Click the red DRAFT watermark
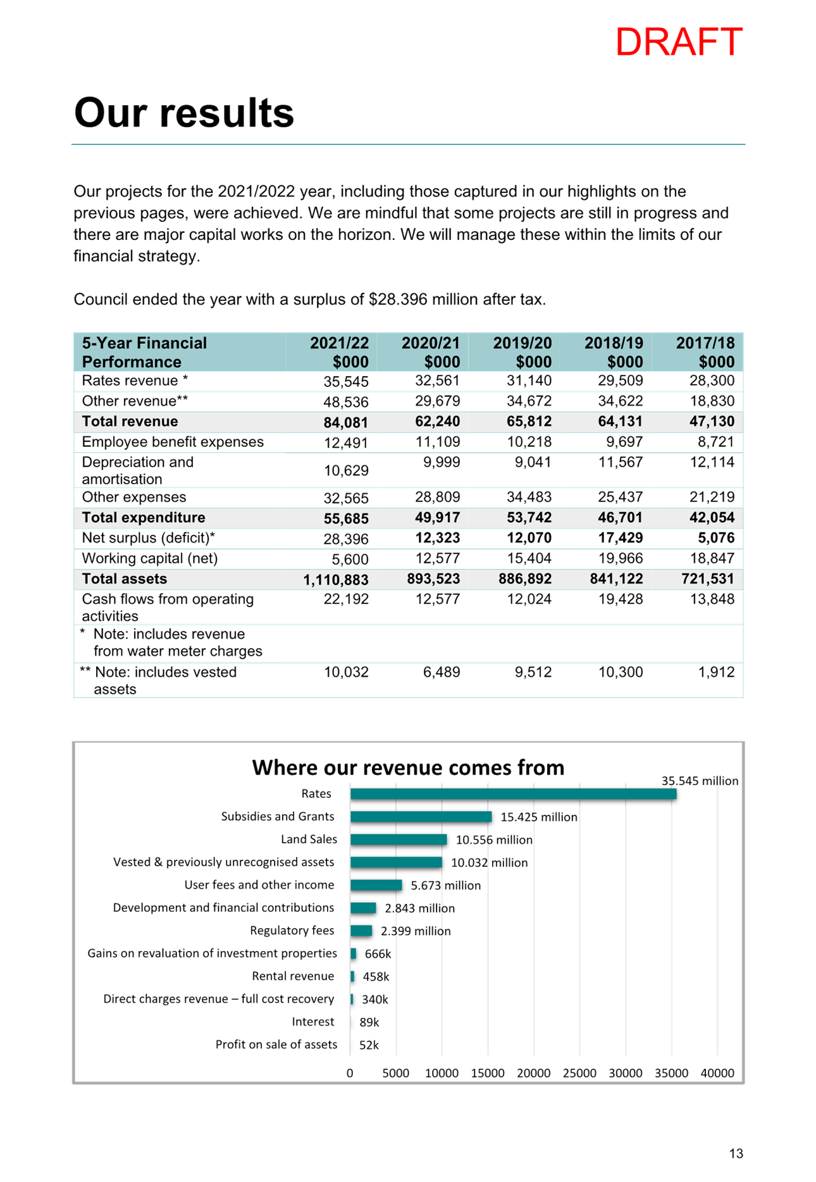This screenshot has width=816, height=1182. click(679, 42)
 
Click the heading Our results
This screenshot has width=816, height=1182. click(184, 113)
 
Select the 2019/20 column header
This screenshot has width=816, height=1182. click(522, 352)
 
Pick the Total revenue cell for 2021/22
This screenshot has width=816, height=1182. click(346, 422)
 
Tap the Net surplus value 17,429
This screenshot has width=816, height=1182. click(620, 538)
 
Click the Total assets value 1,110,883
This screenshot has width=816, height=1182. click(336, 580)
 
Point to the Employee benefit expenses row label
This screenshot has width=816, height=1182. click(173, 442)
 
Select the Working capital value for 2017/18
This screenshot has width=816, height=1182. click(712, 558)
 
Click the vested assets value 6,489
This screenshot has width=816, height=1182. click(442, 672)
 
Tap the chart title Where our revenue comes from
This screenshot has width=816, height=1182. click(408, 767)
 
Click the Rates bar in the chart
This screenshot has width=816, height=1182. click(513, 794)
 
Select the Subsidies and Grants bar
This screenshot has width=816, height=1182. click(421, 817)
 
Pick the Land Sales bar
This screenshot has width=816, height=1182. click(399, 839)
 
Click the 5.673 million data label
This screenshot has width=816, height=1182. click(446, 885)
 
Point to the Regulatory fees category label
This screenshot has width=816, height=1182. click(292, 931)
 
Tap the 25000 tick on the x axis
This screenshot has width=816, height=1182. click(579, 1073)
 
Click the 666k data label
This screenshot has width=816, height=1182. click(378, 953)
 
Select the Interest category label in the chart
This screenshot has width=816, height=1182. click(313, 1022)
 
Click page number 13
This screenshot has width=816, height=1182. click(736, 1154)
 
